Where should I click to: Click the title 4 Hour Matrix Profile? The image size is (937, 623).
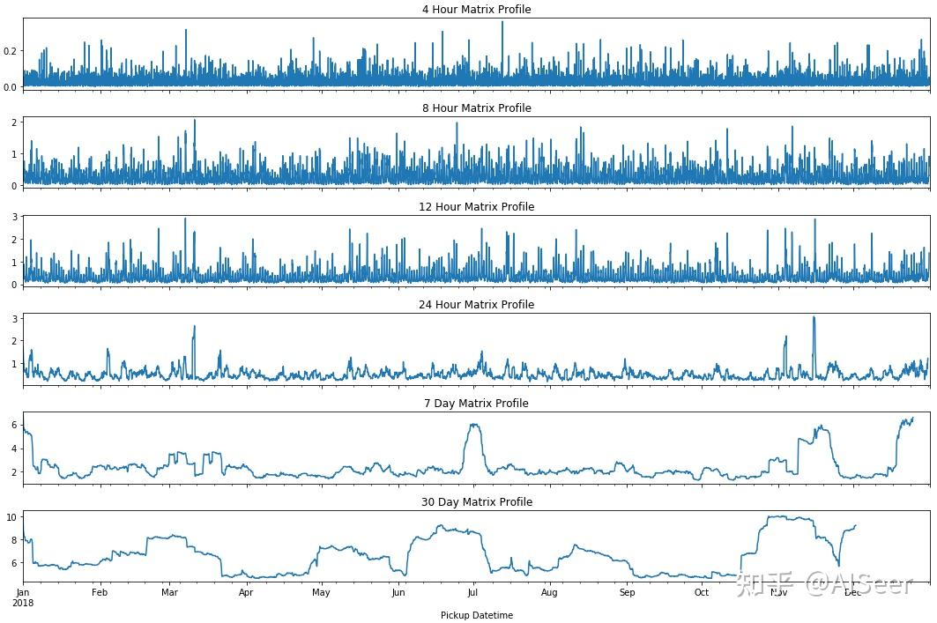coord(476,10)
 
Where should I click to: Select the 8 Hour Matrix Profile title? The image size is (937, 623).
coord(476,108)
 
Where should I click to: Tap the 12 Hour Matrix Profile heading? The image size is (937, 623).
coord(476,207)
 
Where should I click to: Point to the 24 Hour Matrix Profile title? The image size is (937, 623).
coord(476,305)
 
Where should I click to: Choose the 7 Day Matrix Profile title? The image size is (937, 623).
coord(476,404)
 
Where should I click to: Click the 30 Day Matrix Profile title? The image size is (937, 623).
coord(476,502)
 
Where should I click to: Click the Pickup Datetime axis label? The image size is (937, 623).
coord(476,615)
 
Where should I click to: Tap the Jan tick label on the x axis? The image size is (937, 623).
coord(23,593)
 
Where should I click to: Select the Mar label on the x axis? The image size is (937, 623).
coord(169,593)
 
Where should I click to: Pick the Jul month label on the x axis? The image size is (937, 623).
coord(473,593)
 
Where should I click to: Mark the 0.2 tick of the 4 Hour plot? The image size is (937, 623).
coord(11,51)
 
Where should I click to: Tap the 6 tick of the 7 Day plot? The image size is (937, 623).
coord(14,425)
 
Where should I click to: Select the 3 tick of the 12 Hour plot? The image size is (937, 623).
coord(14,217)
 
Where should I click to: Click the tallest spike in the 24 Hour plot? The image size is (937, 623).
coord(814,317)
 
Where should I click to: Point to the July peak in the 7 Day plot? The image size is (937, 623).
coord(475,425)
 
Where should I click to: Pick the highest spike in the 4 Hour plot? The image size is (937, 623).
coord(502,22)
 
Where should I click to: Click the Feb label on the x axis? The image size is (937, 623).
coord(100,593)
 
